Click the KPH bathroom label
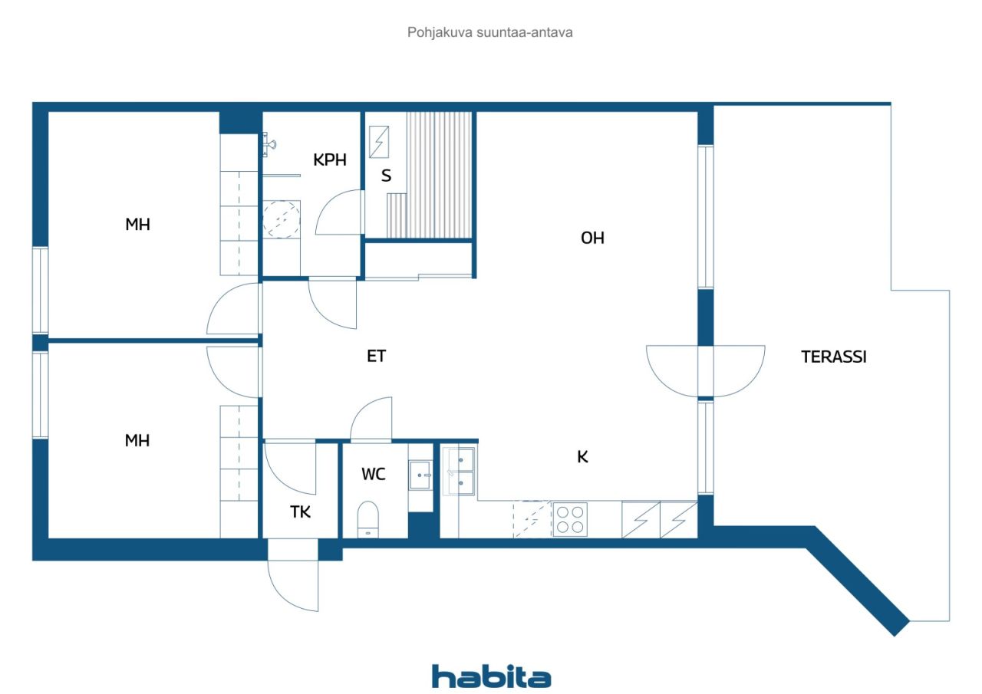tap(330, 160)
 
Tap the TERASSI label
tap(834, 357)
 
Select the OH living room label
tap(592, 238)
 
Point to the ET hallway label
tap(376, 356)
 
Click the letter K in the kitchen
tap(582, 457)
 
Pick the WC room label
tap(374, 474)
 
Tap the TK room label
tap(300, 511)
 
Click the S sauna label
tap(386, 176)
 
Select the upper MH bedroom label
tap(137, 225)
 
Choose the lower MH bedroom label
tap(137, 441)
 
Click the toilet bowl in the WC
tap(367, 519)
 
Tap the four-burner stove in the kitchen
tap(570, 520)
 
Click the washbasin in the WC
tap(420, 475)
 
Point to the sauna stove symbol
tap(379, 142)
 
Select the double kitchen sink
tap(459, 471)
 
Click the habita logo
tap(491, 677)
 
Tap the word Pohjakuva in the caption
tap(440, 32)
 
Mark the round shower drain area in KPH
tap(281, 219)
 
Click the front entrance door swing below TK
tap(293, 586)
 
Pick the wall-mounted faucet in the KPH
tap(269, 144)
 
